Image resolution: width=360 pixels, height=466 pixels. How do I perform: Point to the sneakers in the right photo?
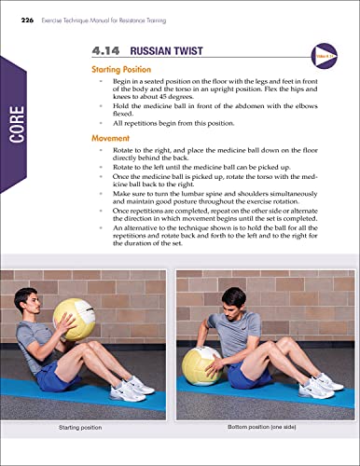coord(322,383)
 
